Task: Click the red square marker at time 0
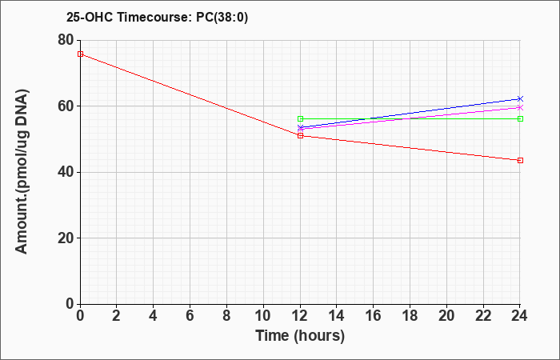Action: pyautogui.click(x=80, y=54)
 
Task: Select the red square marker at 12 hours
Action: pyautogui.click(x=300, y=136)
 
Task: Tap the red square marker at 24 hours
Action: pyautogui.click(x=520, y=160)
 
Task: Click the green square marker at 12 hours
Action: pyautogui.click(x=300, y=119)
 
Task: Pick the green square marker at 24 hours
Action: pyautogui.click(x=520, y=119)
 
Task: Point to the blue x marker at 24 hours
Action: pyautogui.click(x=520, y=98)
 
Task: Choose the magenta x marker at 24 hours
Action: pyautogui.click(x=520, y=107)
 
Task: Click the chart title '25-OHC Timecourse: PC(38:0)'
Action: pyautogui.click(x=157, y=18)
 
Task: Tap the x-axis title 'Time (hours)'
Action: pyautogui.click(x=300, y=336)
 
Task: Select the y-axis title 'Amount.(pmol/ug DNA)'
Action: pyautogui.click(x=22, y=172)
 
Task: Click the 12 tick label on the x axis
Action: pyautogui.click(x=300, y=316)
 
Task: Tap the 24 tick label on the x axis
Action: pyautogui.click(x=520, y=316)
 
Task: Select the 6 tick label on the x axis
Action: pyautogui.click(x=190, y=316)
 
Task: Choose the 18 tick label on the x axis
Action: pyautogui.click(x=410, y=316)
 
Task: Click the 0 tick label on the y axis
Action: pyautogui.click(x=70, y=304)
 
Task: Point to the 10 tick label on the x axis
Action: pyautogui.click(x=263, y=316)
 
